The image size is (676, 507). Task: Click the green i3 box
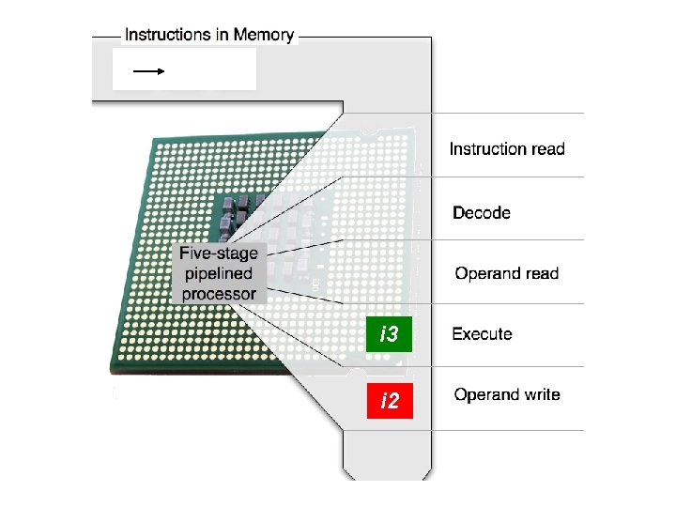pyautogui.click(x=389, y=334)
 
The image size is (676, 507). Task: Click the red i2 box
pyautogui.click(x=389, y=402)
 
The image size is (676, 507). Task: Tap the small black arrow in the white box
pyautogui.click(x=149, y=70)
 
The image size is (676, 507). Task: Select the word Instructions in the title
pyautogui.click(x=168, y=35)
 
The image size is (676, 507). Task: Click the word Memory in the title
pyautogui.click(x=264, y=35)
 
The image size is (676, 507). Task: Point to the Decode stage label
pyautogui.click(x=482, y=213)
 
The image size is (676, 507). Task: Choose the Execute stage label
pyautogui.click(x=482, y=333)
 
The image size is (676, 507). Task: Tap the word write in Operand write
pyautogui.click(x=539, y=394)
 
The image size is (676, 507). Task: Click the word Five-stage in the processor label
pyautogui.click(x=219, y=253)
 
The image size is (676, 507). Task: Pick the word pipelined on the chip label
pyautogui.click(x=219, y=274)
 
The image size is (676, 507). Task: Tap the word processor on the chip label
pyautogui.click(x=219, y=294)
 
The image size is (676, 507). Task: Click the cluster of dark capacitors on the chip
pyautogui.click(x=238, y=211)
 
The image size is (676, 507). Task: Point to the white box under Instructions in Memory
pyautogui.click(x=184, y=69)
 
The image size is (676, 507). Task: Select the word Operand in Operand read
pyautogui.click(x=485, y=274)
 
